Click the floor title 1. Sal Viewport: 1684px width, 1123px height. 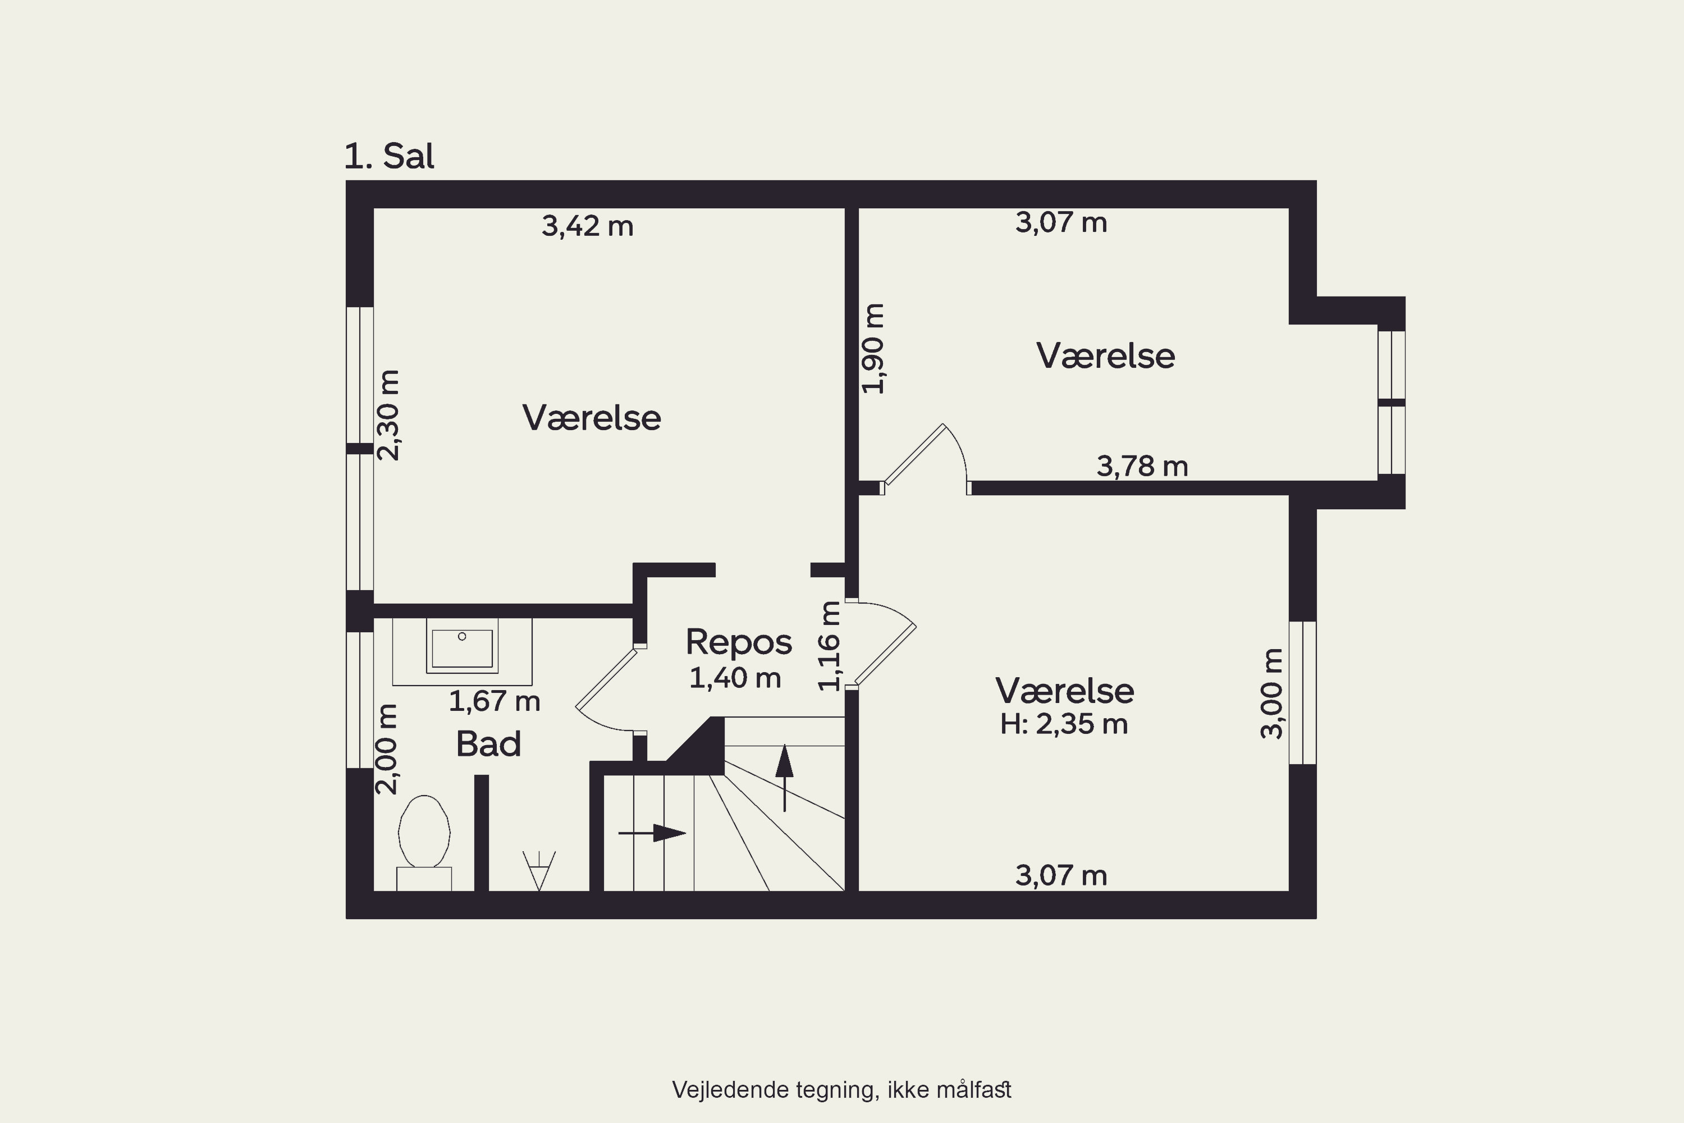[x=389, y=156]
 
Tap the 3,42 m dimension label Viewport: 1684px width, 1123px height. [x=587, y=226]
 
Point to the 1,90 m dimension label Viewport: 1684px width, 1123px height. [x=873, y=348]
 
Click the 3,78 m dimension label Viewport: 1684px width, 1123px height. [x=1142, y=466]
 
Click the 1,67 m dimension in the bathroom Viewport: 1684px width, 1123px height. [x=494, y=701]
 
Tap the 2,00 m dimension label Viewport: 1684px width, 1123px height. [x=387, y=749]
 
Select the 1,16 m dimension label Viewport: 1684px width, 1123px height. [x=829, y=646]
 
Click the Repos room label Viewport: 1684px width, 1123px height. [x=739, y=642]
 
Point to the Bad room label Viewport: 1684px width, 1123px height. [x=488, y=744]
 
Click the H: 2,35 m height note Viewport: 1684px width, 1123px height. [x=1064, y=724]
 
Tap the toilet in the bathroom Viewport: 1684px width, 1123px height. [x=424, y=842]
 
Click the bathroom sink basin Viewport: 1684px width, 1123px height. [x=462, y=647]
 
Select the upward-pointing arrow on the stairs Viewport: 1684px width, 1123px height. [x=785, y=778]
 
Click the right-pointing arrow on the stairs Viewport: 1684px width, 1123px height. [x=652, y=833]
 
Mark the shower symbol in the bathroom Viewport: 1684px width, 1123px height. [x=539, y=870]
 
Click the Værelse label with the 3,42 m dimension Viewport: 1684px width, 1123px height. [x=592, y=418]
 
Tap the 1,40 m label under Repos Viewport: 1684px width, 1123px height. [x=735, y=678]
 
